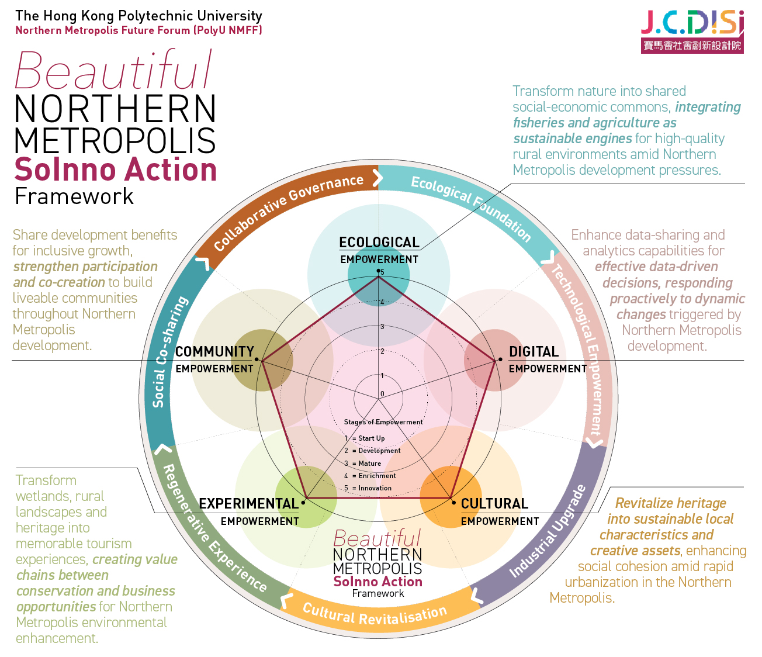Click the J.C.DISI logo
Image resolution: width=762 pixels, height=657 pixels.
click(692, 31)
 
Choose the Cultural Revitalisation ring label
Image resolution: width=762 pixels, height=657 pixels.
click(375, 614)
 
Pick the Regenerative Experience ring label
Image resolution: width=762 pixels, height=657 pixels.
click(214, 529)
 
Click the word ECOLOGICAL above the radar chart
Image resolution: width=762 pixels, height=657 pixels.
click(379, 243)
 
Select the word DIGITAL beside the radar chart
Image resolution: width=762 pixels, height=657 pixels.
click(534, 352)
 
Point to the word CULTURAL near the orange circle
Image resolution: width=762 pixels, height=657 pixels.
click(494, 504)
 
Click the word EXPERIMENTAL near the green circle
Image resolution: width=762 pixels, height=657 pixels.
click(248, 504)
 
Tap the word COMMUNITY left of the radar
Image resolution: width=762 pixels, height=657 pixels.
click(214, 352)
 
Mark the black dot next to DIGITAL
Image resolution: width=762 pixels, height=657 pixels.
click(500, 359)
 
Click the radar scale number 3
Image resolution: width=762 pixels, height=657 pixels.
click(382, 327)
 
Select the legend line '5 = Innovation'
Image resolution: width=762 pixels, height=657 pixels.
click(368, 488)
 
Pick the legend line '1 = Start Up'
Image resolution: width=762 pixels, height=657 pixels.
click(365, 438)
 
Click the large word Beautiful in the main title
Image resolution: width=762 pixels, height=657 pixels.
click(113, 71)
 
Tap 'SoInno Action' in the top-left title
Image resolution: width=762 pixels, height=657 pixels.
click(116, 170)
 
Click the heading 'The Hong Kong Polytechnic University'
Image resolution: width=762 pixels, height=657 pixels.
click(138, 16)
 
